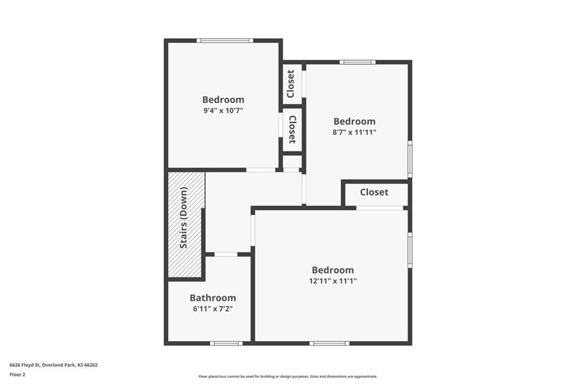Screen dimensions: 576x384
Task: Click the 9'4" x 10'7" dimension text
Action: click(x=223, y=110)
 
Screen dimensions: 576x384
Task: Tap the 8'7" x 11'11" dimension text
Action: click(x=354, y=132)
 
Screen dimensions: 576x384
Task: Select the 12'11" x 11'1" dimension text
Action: click(x=333, y=281)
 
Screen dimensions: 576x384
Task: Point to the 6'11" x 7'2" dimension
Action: click(x=213, y=309)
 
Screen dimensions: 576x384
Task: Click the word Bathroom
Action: click(x=213, y=298)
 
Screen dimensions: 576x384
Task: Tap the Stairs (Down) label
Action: click(x=184, y=218)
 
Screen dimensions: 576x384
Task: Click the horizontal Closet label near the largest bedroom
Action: click(x=374, y=192)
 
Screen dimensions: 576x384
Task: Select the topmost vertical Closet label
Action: click(x=291, y=84)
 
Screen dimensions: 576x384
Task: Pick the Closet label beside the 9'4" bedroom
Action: click(x=292, y=130)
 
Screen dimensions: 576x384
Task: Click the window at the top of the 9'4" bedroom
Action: click(x=225, y=41)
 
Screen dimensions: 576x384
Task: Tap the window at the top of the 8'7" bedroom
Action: click(x=357, y=62)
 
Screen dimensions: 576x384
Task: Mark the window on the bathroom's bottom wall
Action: click(x=226, y=343)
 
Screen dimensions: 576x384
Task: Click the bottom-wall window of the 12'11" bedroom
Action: click(x=330, y=343)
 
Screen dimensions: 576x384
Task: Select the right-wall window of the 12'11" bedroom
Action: click(x=410, y=250)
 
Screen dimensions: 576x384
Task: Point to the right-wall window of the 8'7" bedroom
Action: click(x=410, y=159)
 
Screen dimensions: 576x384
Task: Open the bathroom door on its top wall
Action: click(x=226, y=254)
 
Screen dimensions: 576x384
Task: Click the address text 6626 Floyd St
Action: click(x=25, y=365)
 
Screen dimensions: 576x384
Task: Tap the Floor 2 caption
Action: click(x=17, y=375)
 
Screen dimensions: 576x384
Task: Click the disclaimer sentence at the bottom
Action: click(x=288, y=377)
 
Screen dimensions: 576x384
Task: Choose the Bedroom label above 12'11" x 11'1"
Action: click(x=333, y=270)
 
